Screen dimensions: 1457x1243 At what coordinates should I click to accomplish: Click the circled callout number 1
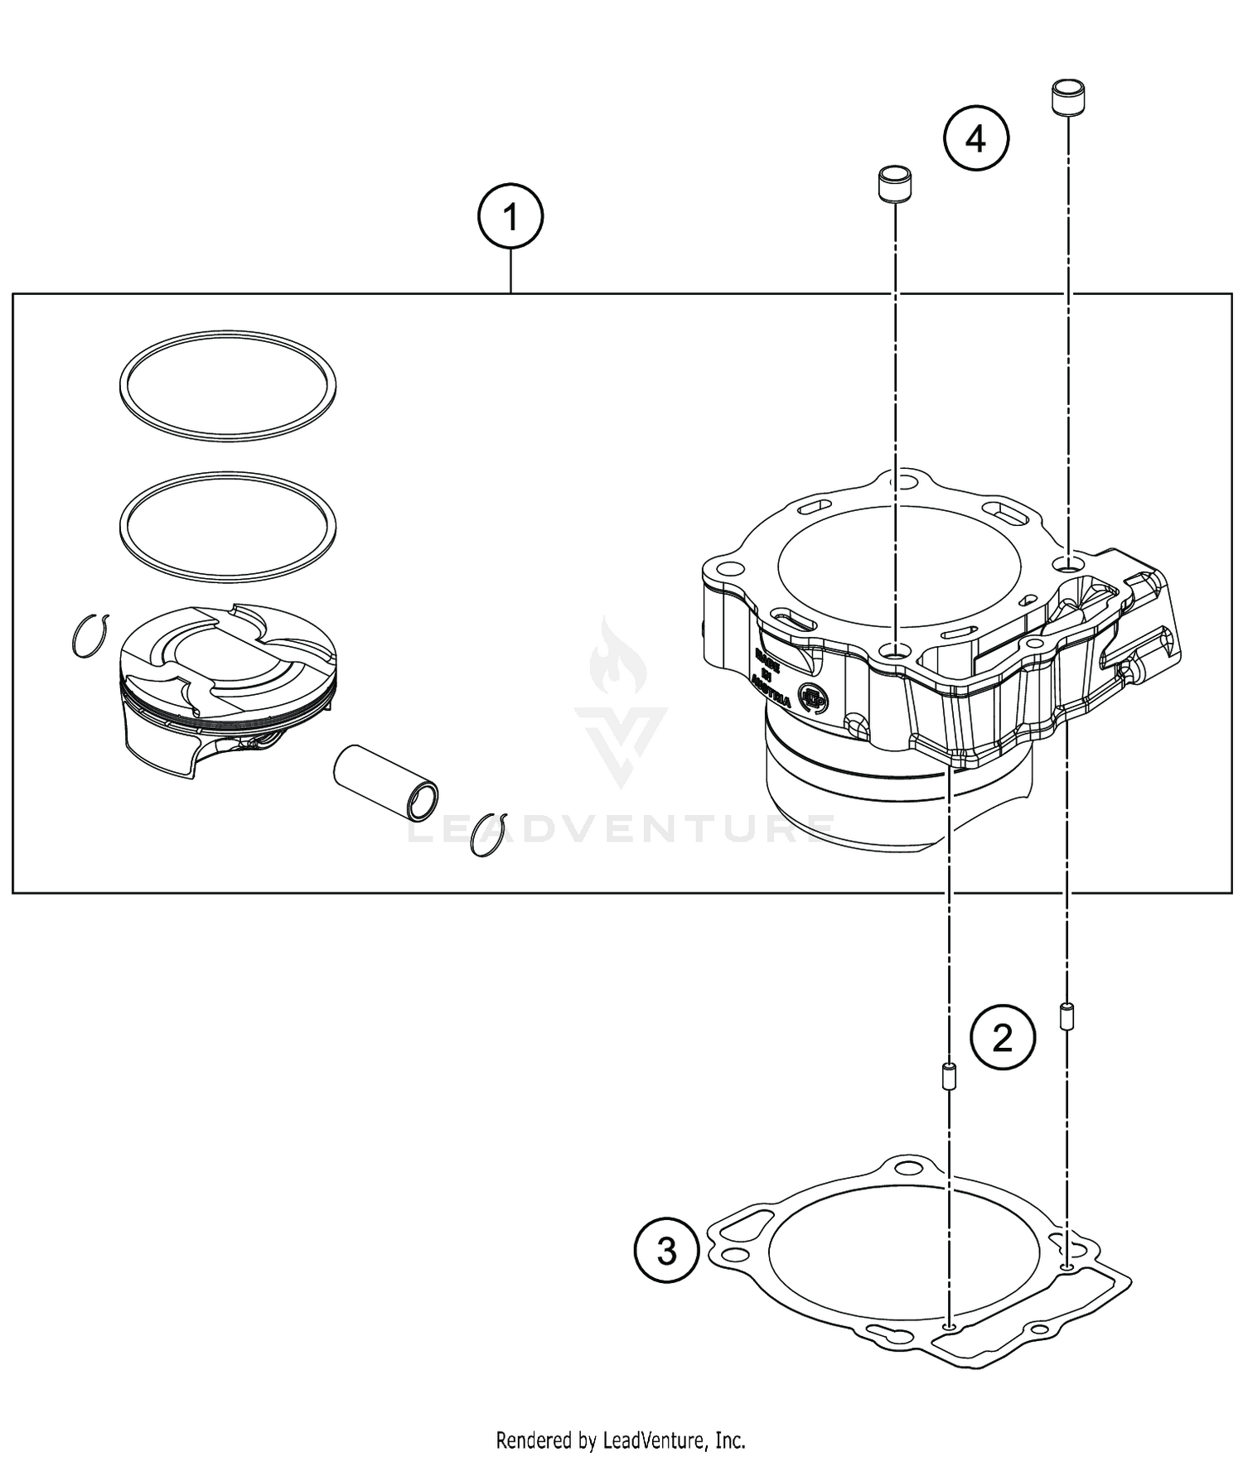[510, 218]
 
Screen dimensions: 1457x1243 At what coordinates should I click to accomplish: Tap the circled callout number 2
[1003, 1036]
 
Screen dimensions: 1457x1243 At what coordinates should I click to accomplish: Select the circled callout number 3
[667, 1251]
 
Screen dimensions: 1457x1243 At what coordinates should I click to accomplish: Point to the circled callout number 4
[976, 138]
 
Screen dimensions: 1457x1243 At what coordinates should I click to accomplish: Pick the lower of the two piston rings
[228, 478]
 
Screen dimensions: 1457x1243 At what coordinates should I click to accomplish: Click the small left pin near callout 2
[949, 1078]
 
